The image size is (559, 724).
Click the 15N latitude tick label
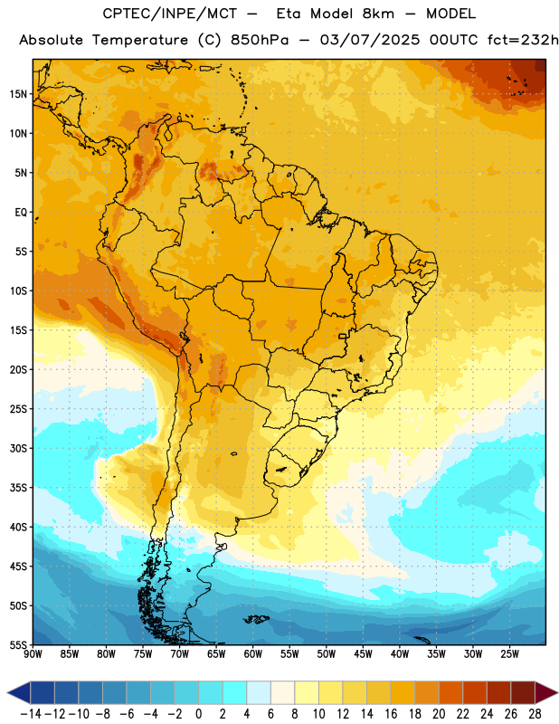(x=18, y=94)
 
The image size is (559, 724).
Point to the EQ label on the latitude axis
(x=21, y=213)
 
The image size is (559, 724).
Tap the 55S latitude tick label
(x=18, y=645)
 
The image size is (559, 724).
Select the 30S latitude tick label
(x=18, y=448)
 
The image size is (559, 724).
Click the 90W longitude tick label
(x=33, y=654)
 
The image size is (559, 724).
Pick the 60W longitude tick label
(x=253, y=654)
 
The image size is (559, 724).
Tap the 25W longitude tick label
(x=509, y=654)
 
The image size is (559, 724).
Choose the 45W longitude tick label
(x=363, y=654)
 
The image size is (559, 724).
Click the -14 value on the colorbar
(x=31, y=714)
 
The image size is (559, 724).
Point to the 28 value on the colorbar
(x=535, y=714)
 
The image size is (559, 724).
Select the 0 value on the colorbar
(x=199, y=714)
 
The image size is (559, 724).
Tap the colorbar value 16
(x=391, y=714)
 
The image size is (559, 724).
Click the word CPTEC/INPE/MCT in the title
(x=170, y=14)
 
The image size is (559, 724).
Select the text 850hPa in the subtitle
(x=260, y=40)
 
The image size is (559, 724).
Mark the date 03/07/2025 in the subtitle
(x=370, y=40)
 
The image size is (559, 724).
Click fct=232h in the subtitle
(x=523, y=40)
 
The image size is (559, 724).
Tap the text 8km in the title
(x=378, y=14)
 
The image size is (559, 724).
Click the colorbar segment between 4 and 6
(x=259, y=692)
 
